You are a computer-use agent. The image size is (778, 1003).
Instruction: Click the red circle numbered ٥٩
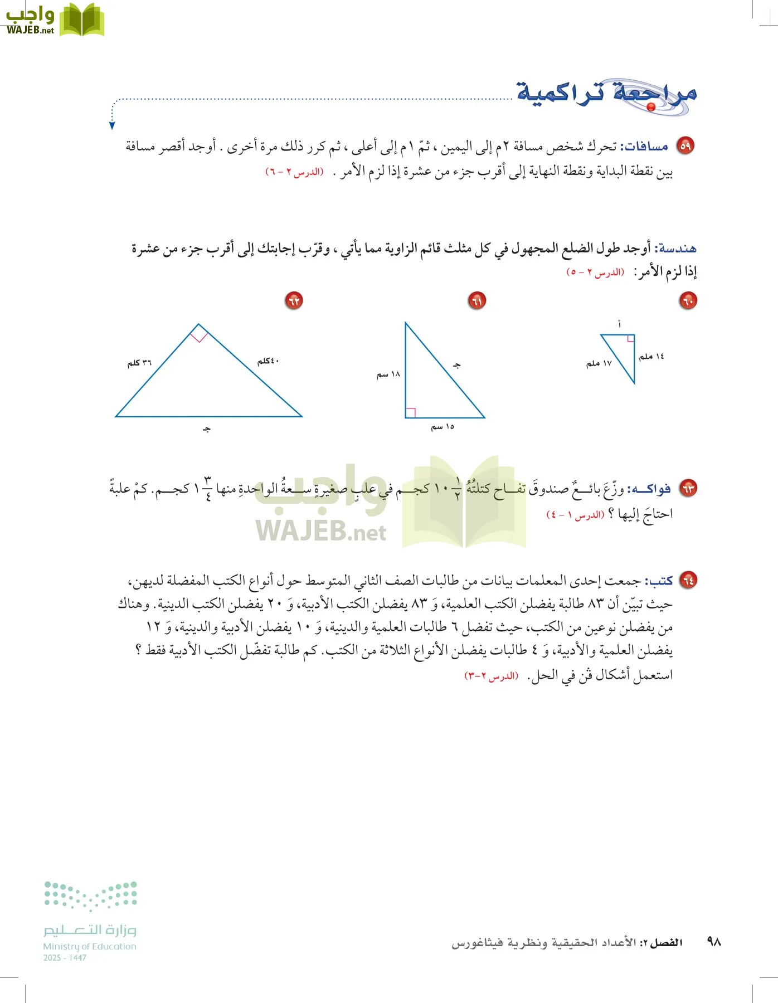click(685, 146)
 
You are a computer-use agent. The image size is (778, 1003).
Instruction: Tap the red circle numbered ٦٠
click(688, 301)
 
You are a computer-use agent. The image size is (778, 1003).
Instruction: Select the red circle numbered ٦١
click(476, 301)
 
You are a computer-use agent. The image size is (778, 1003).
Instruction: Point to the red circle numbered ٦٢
click(294, 301)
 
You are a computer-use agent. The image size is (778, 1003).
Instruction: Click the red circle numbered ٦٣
click(689, 489)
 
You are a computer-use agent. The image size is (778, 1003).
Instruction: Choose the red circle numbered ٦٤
click(689, 580)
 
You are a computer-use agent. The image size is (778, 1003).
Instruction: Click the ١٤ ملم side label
click(651, 356)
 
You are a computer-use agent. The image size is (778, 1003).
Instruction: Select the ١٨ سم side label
click(388, 374)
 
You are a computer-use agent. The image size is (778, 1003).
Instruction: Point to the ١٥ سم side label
click(443, 427)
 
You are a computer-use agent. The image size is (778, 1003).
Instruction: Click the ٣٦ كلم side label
click(139, 363)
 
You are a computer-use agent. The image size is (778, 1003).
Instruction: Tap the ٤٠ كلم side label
click(268, 361)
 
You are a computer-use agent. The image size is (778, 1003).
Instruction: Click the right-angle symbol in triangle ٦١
click(411, 412)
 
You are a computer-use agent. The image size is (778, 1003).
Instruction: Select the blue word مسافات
click(646, 147)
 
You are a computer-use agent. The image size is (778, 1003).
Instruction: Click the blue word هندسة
click(677, 249)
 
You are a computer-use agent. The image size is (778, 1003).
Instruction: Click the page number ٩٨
click(714, 942)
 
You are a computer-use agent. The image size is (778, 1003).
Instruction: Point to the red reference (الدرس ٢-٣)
click(491, 676)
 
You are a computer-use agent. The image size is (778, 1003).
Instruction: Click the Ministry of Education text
click(90, 946)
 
